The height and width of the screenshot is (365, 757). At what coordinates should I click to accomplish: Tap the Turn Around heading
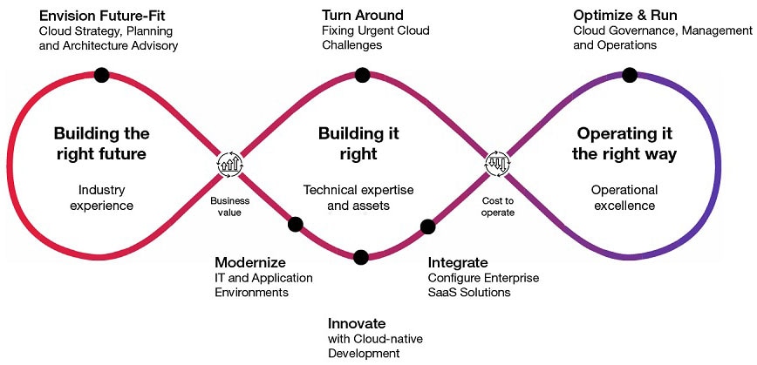click(x=362, y=16)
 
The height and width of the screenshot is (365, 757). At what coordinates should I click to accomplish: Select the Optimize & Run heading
click(x=624, y=16)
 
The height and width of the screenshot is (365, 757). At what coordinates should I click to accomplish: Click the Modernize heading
click(x=249, y=262)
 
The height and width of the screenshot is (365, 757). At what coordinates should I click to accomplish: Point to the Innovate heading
click(x=357, y=323)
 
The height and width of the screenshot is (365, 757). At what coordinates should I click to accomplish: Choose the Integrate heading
click(x=457, y=262)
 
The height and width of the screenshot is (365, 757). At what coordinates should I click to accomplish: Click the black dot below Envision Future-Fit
click(x=101, y=75)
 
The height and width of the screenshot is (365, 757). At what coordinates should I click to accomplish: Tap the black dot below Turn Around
click(x=361, y=75)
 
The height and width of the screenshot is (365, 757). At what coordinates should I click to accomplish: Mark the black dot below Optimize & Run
click(x=625, y=75)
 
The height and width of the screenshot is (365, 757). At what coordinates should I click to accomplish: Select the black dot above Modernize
click(x=295, y=224)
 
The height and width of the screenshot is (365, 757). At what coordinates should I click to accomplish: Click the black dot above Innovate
click(x=360, y=256)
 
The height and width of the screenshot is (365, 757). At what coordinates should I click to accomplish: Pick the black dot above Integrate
click(x=427, y=227)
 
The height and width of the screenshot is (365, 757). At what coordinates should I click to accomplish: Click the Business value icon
click(x=230, y=164)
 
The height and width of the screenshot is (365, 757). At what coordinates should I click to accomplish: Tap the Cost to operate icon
click(x=497, y=164)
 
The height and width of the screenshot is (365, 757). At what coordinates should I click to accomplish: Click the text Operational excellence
click(x=624, y=198)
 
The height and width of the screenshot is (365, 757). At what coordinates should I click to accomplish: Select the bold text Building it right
click(x=358, y=144)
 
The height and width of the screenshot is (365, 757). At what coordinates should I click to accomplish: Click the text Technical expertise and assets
click(x=358, y=198)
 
